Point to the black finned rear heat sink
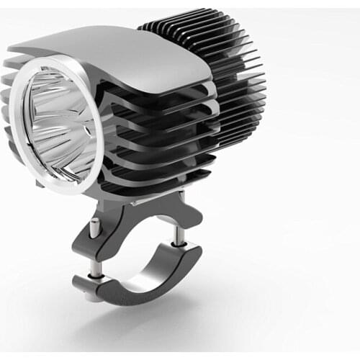tap(216, 79)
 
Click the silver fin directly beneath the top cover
tap(173, 101)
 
